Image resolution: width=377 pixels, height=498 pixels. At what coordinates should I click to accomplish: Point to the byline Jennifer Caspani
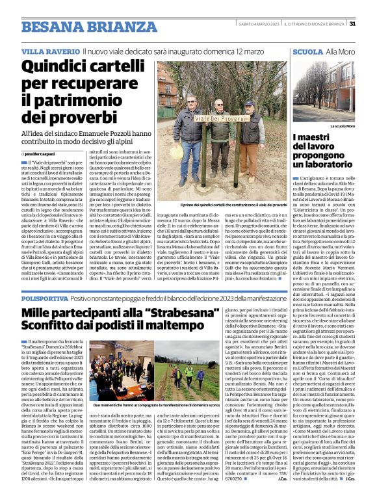tap(43, 152)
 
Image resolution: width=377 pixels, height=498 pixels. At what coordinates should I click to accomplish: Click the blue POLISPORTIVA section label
tap(44, 296)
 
